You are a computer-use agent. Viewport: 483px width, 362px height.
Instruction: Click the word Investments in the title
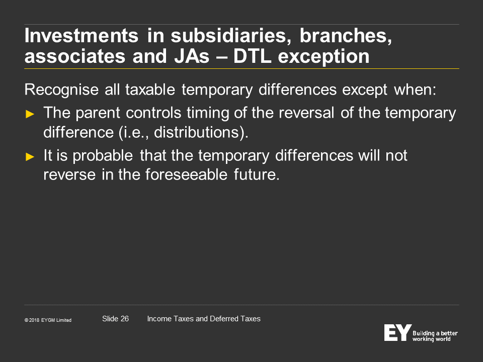(x=82, y=36)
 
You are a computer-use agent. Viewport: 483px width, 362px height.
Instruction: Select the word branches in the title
(x=346, y=36)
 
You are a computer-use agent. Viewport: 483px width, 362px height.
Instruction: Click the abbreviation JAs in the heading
(x=192, y=56)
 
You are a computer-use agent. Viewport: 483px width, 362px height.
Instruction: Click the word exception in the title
(x=324, y=57)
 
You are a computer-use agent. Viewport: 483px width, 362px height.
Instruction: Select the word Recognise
(x=61, y=90)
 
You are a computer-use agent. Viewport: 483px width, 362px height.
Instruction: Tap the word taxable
(x=150, y=90)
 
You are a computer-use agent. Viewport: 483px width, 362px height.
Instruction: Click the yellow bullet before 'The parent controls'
(x=30, y=114)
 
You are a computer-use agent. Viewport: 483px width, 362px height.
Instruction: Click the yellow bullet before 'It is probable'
(x=30, y=157)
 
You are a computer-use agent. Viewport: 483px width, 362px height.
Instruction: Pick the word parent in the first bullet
(x=97, y=113)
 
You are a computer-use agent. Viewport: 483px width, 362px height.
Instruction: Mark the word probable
(x=103, y=156)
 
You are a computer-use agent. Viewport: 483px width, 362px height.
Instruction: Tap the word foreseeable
(x=186, y=174)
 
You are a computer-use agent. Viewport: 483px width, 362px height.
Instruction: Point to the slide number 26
(x=124, y=319)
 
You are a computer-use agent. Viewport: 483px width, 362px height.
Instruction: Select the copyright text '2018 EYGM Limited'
(x=50, y=320)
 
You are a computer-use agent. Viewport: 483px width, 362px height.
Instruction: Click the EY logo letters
(x=397, y=332)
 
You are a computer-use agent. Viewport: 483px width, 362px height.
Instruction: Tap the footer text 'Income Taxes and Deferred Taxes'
(x=204, y=319)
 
